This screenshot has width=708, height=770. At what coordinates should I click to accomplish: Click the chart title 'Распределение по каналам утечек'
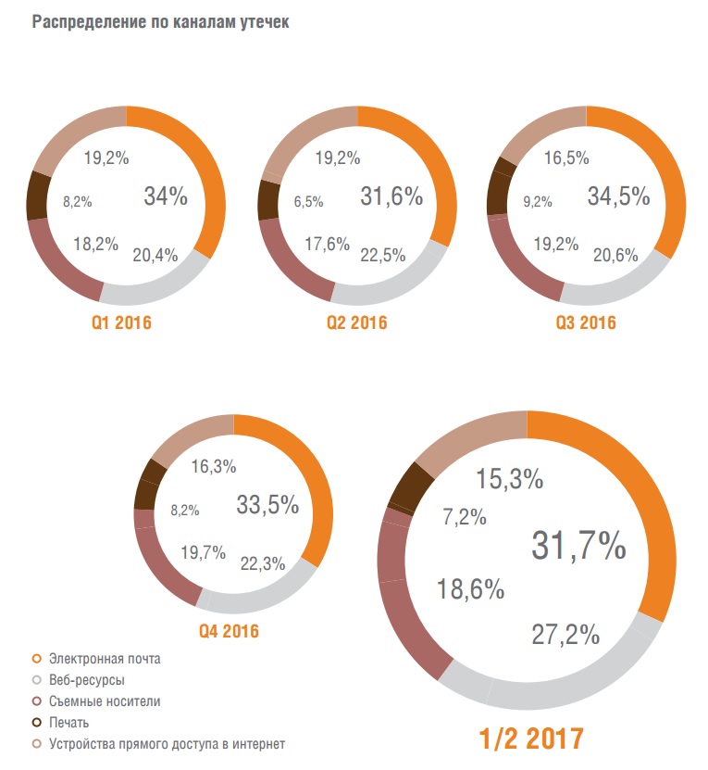[160, 23]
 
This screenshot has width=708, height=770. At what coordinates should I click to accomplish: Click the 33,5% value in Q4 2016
[267, 505]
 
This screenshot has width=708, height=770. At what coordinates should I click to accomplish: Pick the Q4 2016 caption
[228, 632]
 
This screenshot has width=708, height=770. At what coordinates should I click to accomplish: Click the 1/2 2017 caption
[530, 738]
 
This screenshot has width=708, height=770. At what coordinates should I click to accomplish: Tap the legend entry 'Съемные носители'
[104, 701]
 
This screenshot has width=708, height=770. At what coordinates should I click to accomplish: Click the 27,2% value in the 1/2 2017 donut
[565, 635]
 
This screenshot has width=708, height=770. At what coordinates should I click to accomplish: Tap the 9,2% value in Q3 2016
[537, 200]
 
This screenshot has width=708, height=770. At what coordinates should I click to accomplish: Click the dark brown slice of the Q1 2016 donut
[38, 196]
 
